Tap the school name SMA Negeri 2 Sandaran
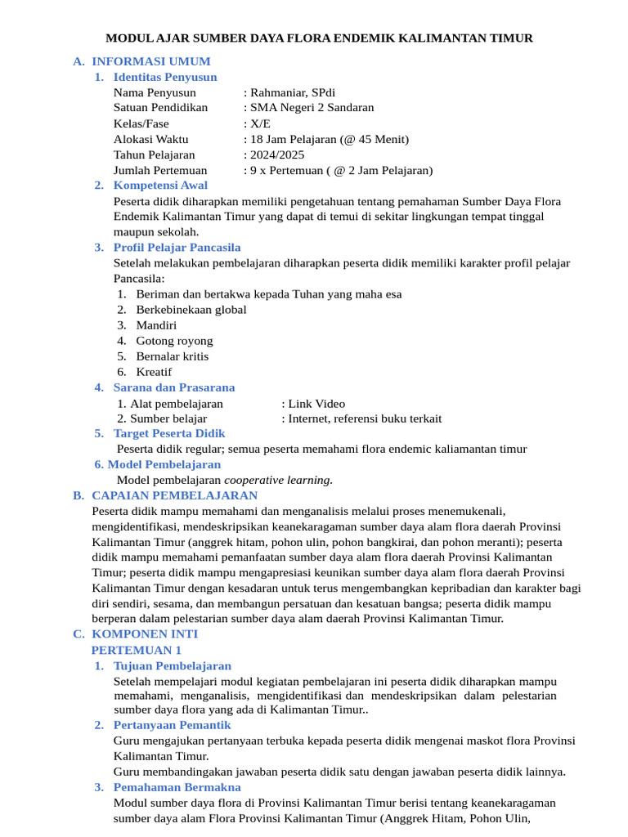click(x=312, y=108)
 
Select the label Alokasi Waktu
click(x=150, y=139)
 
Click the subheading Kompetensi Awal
click(x=160, y=186)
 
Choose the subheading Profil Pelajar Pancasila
click(x=177, y=247)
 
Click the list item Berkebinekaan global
click(x=191, y=310)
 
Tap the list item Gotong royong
click(x=174, y=341)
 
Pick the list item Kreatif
click(x=154, y=372)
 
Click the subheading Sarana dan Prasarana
click(x=173, y=387)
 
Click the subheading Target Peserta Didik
click(x=169, y=433)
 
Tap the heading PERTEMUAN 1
click(x=137, y=650)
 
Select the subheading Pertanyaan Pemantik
click(x=172, y=725)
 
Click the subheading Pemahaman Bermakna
click(x=177, y=787)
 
